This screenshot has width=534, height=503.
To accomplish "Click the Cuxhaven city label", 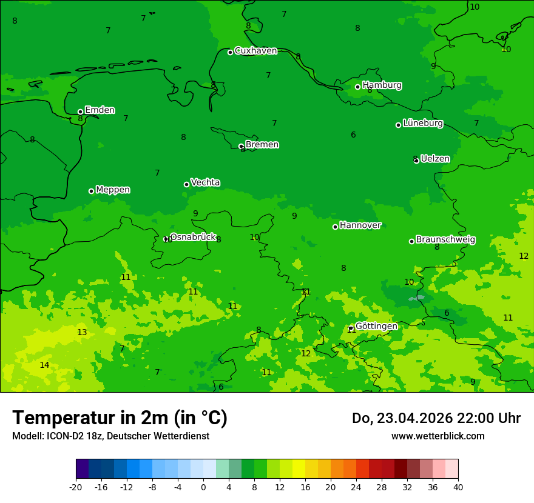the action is click(255, 51).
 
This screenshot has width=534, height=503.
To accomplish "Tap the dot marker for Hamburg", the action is click(358, 87).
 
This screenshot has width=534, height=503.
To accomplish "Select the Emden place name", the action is click(100, 110).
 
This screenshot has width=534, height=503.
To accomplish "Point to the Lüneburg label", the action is click(422, 124).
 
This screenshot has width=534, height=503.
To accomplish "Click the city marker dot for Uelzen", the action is click(416, 161).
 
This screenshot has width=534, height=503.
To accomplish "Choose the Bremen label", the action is click(262, 145).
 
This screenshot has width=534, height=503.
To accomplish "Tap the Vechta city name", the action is click(205, 183).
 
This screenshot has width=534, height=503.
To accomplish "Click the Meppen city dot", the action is click(92, 191).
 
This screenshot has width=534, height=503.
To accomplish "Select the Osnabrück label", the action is click(192, 238).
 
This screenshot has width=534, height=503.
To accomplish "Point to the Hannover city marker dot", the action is click(335, 227).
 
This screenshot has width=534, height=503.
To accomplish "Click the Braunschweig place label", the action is click(445, 240).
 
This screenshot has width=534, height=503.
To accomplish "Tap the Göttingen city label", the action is click(376, 327).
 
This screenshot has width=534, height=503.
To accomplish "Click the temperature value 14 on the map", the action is click(44, 365).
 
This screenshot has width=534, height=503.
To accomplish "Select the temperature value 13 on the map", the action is click(82, 333).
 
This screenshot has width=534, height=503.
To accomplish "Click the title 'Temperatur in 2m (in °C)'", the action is click(120, 418).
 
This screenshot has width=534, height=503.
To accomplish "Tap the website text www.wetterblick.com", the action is click(438, 436).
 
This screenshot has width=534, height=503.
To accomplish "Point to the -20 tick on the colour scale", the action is click(76, 487).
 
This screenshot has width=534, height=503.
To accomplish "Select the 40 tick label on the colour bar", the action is click(458, 487).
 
